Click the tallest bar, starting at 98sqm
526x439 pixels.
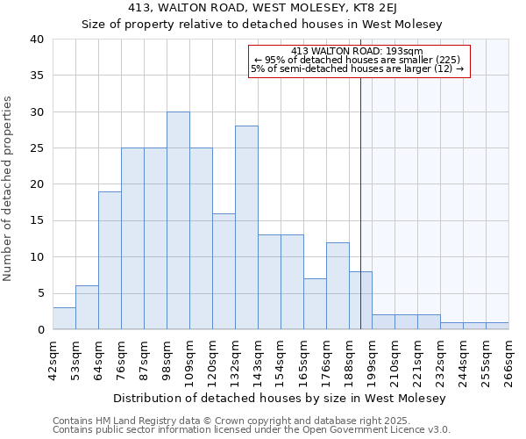point(178,220)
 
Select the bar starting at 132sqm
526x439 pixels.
point(246,227)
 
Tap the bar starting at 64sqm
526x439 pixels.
point(110,261)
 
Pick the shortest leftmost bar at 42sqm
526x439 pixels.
point(64,319)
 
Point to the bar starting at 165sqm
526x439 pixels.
point(315,304)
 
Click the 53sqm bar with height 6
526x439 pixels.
point(87,307)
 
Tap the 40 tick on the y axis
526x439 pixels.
point(37,40)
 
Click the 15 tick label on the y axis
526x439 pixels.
point(37,221)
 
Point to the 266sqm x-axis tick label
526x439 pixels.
point(508,362)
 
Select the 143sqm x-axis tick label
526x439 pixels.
point(258,362)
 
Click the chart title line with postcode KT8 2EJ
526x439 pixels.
point(262,8)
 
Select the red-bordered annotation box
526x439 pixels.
point(359,61)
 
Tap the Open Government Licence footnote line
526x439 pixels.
point(252,430)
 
